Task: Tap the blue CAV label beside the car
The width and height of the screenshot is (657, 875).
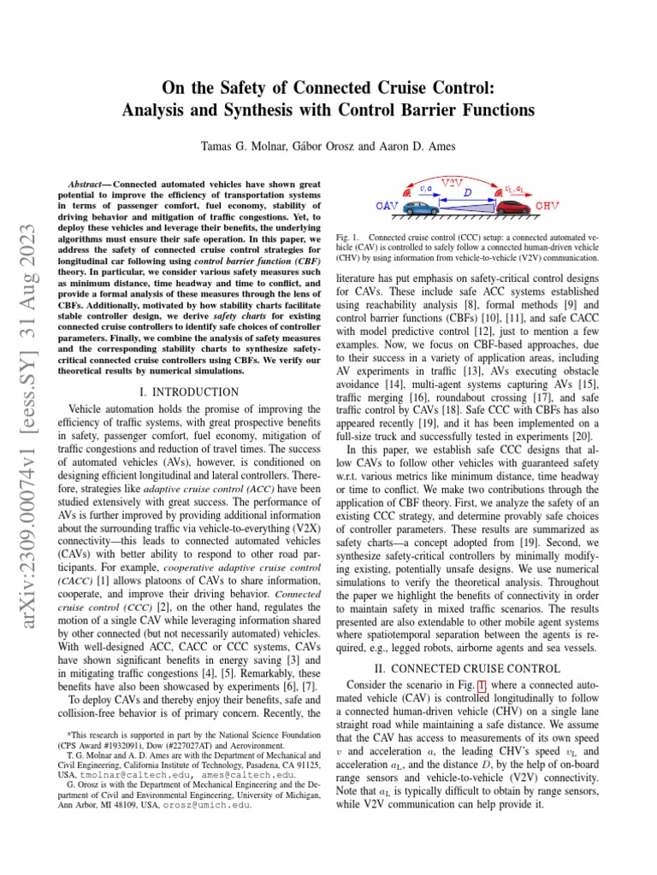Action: click(x=387, y=207)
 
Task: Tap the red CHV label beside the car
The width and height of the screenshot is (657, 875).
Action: click(x=548, y=207)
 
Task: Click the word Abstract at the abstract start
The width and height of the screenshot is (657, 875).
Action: click(x=89, y=184)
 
